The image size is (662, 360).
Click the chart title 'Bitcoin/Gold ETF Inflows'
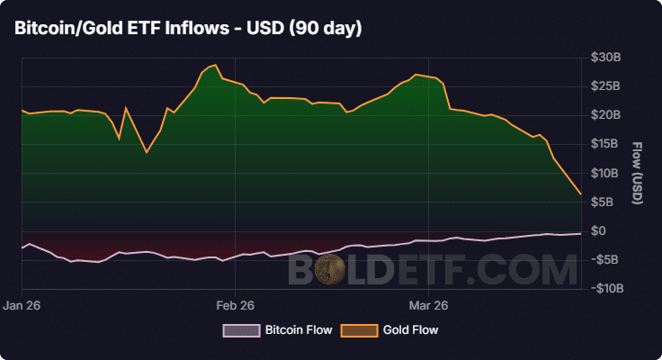point(188,29)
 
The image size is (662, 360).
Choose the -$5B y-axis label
point(604,259)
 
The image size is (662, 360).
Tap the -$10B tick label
point(602,288)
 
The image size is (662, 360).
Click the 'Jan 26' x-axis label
point(22,304)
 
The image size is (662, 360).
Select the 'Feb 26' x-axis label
point(235,304)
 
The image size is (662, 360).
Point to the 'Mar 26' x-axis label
point(428,304)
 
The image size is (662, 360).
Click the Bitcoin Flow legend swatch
point(240,330)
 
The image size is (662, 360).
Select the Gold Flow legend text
point(410,330)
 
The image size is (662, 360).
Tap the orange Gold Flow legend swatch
point(358,330)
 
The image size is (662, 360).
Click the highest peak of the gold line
point(214,65)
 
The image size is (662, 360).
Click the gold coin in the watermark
point(333,269)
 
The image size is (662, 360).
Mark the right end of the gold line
point(581,194)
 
